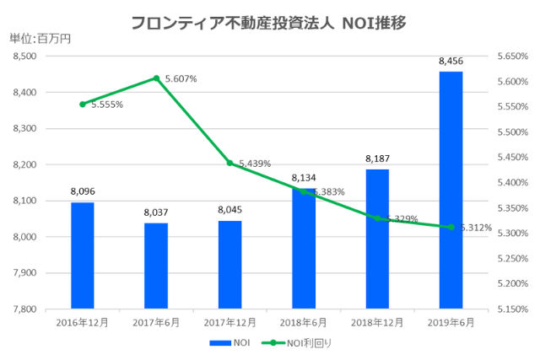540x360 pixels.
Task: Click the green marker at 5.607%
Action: click(x=156, y=78)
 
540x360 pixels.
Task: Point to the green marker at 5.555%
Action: click(x=82, y=105)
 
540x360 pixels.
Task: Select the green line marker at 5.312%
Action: click(x=451, y=227)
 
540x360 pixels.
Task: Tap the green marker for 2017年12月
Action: click(x=229, y=163)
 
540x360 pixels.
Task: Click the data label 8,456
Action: click(x=451, y=62)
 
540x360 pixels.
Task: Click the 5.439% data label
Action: click(x=254, y=164)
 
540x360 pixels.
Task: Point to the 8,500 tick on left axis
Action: click(x=25, y=56)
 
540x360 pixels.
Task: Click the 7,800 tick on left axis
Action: click(x=25, y=309)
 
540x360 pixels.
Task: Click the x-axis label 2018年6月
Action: click(x=303, y=322)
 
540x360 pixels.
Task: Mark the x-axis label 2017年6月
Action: click(x=156, y=322)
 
